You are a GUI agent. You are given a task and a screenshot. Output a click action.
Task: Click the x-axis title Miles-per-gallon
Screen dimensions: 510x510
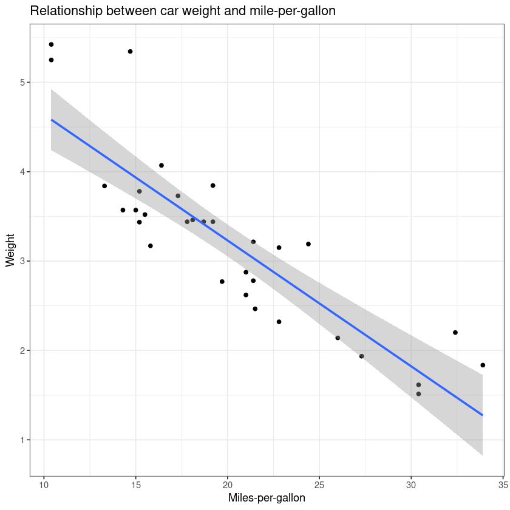point(267,498)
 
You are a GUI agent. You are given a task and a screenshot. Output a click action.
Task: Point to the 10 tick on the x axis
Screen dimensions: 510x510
point(44,486)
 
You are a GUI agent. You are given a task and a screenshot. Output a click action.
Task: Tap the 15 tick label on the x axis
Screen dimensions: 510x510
point(135,486)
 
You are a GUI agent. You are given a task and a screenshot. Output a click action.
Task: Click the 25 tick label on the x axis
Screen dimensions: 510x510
point(319,486)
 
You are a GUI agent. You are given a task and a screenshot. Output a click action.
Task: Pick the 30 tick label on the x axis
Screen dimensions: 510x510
point(411,486)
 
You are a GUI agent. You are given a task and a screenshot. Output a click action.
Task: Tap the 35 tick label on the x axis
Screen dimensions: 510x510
point(503,486)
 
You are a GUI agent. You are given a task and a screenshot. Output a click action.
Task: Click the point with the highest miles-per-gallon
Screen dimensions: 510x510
point(483,365)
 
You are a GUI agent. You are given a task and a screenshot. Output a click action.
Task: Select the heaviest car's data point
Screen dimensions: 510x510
point(51,44)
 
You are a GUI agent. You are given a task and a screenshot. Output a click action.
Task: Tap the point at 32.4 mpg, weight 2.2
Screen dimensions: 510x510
point(455,332)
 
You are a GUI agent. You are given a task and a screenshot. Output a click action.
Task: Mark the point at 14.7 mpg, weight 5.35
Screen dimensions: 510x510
point(130,52)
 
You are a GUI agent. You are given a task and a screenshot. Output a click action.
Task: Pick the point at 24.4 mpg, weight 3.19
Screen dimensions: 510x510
point(308,244)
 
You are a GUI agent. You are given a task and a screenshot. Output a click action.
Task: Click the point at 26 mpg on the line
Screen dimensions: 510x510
point(338,338)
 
